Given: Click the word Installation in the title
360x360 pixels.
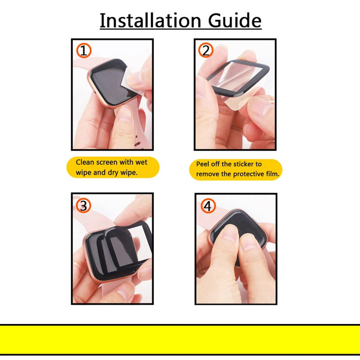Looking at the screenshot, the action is click(x=150, y=20).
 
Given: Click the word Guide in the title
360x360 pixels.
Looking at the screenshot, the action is click(x=234, y=20).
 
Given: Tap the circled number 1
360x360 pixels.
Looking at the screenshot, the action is click(x=84, y=50).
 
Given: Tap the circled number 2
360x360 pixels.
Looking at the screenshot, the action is click(x=206, y=50).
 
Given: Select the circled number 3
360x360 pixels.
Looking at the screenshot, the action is click(x=84, y=206).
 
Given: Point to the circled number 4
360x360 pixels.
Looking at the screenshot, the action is click(x=208, y=206).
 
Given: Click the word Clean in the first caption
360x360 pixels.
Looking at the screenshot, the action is click(x=85, y=162).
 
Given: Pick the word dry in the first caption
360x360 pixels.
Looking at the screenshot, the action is click(x=113, y=172).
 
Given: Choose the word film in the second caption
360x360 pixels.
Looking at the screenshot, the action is click(x=273, y=174).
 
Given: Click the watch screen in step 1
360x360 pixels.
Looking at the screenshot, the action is click(x=111, y=83).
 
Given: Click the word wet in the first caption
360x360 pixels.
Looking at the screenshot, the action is click(x=141, y=162).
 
